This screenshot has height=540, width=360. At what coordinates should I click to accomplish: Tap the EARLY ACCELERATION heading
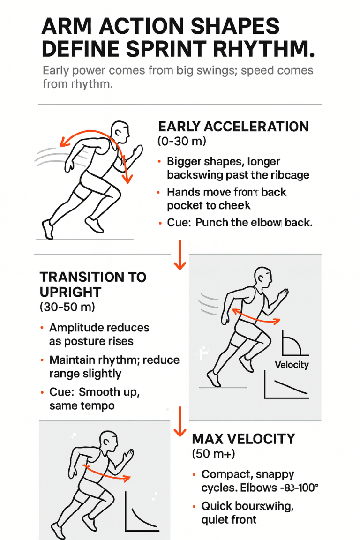[233, 126]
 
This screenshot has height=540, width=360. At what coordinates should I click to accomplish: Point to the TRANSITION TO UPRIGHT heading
[93, 284]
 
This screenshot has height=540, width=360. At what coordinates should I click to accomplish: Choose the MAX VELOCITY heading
[243, 439]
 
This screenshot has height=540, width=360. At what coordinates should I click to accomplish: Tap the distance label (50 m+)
[214, 454]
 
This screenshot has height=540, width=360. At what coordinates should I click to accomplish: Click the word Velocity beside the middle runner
[292, 365]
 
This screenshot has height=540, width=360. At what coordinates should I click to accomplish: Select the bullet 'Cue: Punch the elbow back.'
[239, 222]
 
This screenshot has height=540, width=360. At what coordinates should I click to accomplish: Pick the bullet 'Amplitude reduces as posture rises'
[98, 334]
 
